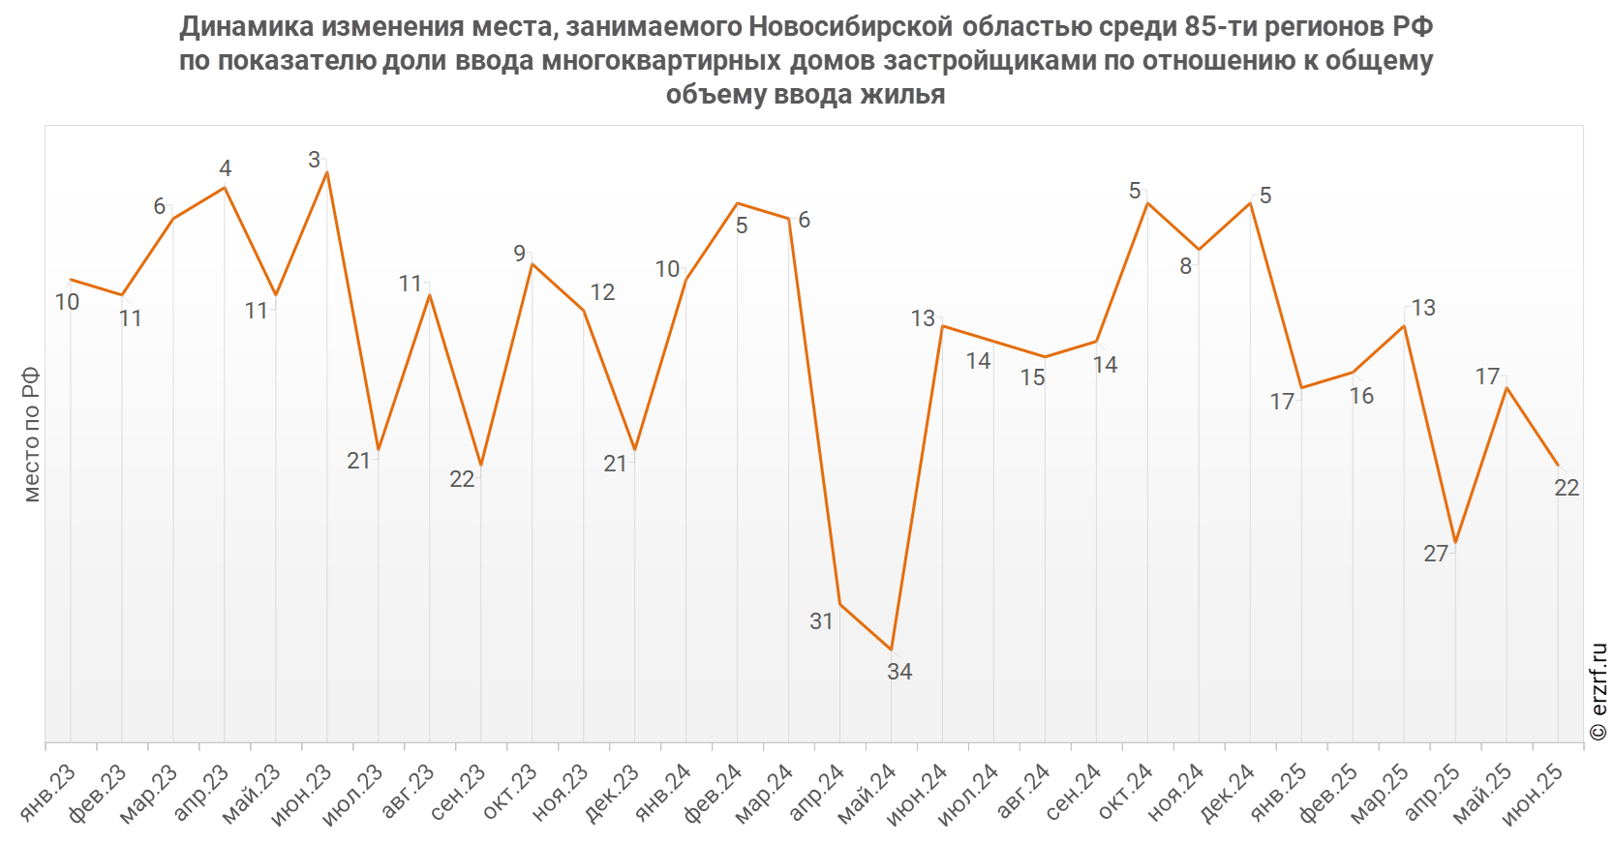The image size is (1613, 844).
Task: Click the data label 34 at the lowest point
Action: coord(898,672)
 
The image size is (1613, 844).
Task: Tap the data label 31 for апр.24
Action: coord(821,621)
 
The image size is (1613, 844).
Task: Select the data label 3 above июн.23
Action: coord(314,160)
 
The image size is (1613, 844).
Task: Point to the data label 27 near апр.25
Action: coord(1436,554)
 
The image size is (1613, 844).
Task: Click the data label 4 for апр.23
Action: coord(226,168)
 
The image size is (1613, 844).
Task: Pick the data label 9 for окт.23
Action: coord(520,254)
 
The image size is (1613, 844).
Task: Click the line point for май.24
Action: coord(892,649)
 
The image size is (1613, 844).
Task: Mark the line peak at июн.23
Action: coord(327,171)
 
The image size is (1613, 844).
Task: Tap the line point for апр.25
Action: coord(1455,543)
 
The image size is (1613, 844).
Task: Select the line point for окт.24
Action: coord(1147,202)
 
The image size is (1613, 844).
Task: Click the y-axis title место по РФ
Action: coord(31,434)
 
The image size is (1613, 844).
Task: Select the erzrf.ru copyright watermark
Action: coord(1598,691)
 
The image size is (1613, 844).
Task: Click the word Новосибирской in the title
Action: coord(851,27)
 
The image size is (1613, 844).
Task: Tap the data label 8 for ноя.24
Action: coord(1185,266)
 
